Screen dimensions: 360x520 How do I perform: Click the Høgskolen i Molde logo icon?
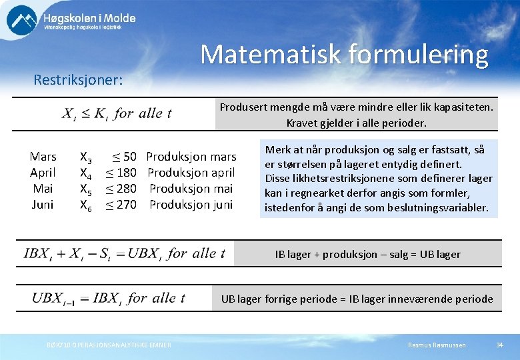pyautogui.click(x=22, y=19)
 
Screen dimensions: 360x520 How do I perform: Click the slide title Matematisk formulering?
pyautogui.click(x=344, y=54)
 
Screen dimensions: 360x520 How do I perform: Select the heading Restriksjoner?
pyautogui.click(x=78, y=80)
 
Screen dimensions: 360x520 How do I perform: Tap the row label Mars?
pyautogui.click(x=43, y=157)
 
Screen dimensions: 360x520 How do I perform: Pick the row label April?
pyautogui.click(x=43, y=173)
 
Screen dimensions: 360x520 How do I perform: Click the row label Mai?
pyautogui.click(x=43, y=189)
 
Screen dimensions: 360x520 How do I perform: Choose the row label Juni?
pyautogui.click(x=43, y=205)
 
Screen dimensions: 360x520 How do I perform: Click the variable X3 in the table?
pyautogui.click(x=86, y=158)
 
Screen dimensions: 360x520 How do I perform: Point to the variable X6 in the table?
pyautogui.click(x=86, y=205)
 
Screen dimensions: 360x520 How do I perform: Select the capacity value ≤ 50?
pyautogui.click(x=123, y=157)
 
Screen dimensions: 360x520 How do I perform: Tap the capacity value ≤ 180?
pyautogui.click(x=121, y=173)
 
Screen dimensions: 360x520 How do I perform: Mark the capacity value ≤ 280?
pyautogui.click(x=121, y=189)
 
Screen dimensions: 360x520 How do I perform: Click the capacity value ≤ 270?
pyautogui.click(x=121, y=205)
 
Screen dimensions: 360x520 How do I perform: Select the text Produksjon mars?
pyautogui.click(x=191, y=157)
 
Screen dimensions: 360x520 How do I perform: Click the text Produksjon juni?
pyautogui.click(x=191, y=205)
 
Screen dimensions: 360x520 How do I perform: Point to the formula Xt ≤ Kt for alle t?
pyautogui.click(x=117, y=113)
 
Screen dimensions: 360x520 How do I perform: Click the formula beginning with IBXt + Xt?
pyautogui.click(x=125, y=253)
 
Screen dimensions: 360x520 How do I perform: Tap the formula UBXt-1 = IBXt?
pyautogui.click(x=108, y=298)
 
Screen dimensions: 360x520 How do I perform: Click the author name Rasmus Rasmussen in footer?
pyautogui.click(x=437, y=345)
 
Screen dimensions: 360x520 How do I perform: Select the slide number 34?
pyautogui.click(x=499, y=345)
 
